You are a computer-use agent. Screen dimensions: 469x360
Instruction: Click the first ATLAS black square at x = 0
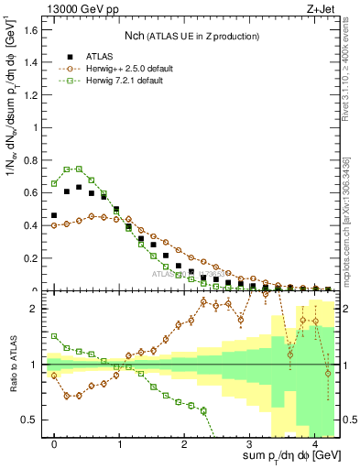(54, 216)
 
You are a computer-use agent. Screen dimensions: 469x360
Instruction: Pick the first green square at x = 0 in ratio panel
(54, 336)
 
